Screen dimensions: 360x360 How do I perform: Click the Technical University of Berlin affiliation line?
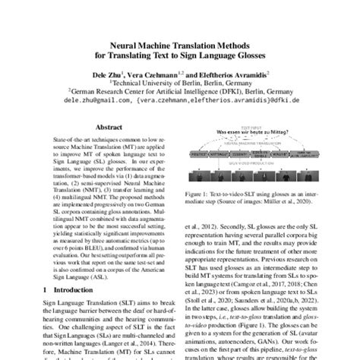click(x=180, y=84)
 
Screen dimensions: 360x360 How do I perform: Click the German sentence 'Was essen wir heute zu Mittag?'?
click(x=254, y=133)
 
